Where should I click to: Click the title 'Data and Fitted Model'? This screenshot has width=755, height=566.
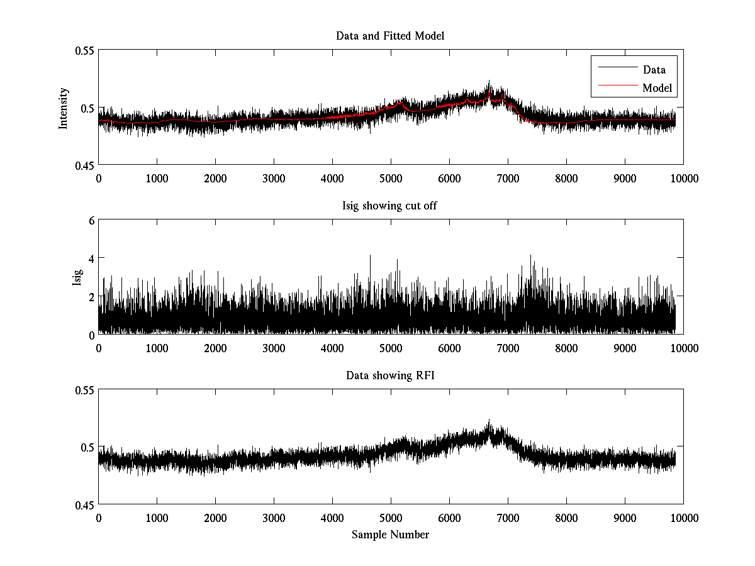coord(390,36)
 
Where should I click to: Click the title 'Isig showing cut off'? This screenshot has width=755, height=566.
coord(390,206)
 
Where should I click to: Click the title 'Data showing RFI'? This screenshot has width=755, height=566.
coord(390,375)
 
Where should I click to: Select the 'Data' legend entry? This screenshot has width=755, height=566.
coord(654,70)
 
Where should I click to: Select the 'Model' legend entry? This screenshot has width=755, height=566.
coord(657,88)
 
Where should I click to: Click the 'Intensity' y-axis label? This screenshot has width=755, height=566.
coord(63,108)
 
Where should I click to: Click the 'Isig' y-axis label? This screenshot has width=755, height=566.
coord(77,277)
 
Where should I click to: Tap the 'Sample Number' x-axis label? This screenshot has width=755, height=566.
coord(390,535)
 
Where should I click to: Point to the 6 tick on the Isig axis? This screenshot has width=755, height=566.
coord(91,220)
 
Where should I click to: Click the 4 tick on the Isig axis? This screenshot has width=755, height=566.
coord(91,258)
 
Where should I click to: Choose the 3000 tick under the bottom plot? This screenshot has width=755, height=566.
coord(274,518)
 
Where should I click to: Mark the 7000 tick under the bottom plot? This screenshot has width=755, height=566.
coord(508,518)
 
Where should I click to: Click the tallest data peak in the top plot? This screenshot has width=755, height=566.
coord(489,82)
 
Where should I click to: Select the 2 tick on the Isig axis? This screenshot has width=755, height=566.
coord(91,296)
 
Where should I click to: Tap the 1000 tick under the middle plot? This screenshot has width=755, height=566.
coord(157,348)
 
